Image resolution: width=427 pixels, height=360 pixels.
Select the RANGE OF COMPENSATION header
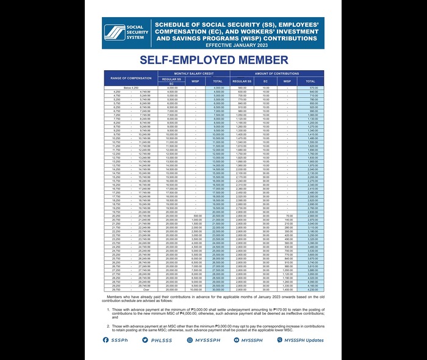130,78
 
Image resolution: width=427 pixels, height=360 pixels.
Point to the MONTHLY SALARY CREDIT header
193,73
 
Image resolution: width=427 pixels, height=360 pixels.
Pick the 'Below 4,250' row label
131,88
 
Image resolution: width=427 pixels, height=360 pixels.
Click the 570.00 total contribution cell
312,88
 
